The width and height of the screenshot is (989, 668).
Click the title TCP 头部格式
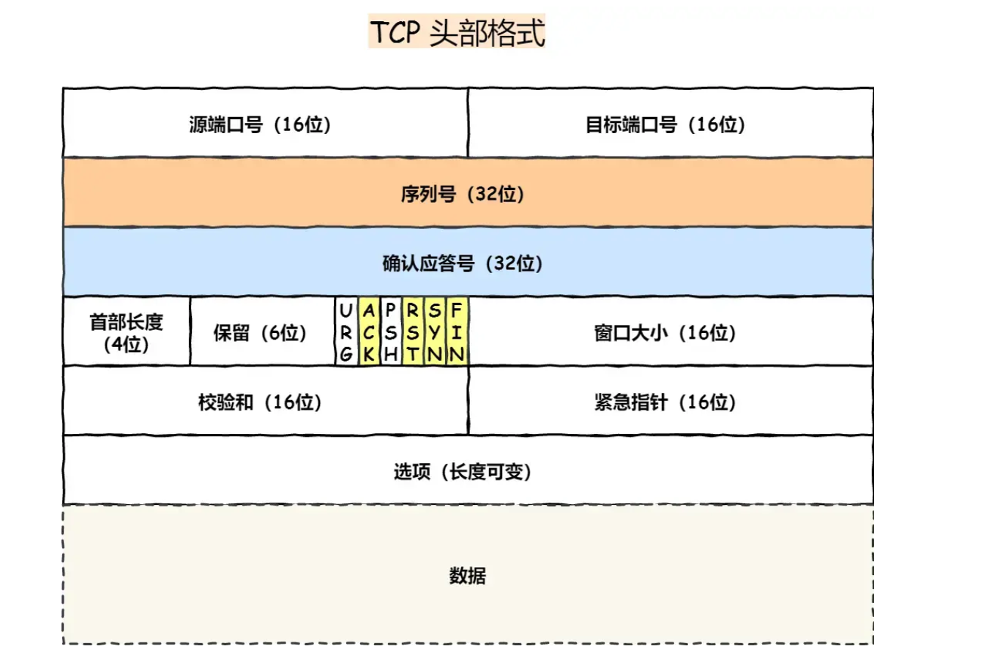click(457, 32)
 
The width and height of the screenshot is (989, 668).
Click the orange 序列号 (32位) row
click(467, 193)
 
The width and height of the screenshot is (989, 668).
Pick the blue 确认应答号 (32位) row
click(467, 263)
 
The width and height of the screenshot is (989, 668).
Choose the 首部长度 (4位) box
click(127, 332)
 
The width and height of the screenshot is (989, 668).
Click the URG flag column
click(346, 332)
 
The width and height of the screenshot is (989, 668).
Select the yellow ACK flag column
click(369, 332)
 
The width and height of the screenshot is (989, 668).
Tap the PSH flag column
click(391, 332)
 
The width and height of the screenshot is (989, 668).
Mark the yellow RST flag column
click(413, 332)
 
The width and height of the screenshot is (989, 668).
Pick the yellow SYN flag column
click(435, 332)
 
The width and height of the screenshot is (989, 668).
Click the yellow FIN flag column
click(457, 332)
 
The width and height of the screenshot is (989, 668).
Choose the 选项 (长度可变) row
click(467, 471)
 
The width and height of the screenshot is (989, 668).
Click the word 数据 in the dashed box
click(467, 576)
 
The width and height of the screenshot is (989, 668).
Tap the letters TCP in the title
click(395, 33)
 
